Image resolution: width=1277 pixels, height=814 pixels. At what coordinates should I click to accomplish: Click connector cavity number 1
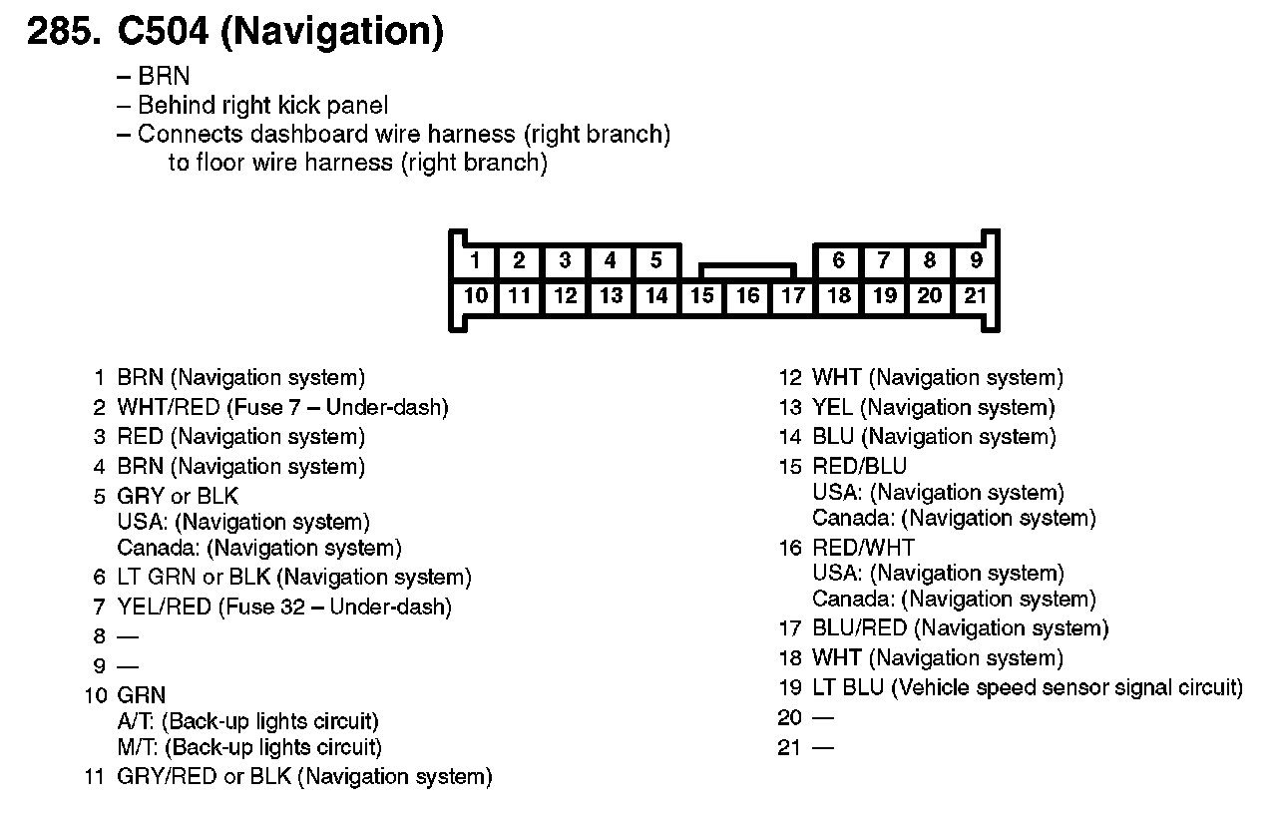(x=475, y=261)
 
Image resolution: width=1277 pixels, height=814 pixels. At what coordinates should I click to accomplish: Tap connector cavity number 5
(x=655, y=261)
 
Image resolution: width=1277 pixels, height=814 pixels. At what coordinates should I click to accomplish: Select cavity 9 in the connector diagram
(x=975, y=261)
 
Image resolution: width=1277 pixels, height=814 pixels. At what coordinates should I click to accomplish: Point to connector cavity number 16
(x=747, y=295)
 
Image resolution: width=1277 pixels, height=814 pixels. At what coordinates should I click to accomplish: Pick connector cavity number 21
(x=975, y=295)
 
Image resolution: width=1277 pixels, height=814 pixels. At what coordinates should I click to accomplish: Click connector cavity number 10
(x=475, y=295)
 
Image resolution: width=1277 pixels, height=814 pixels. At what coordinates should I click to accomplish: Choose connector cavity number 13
(x=611, y=295)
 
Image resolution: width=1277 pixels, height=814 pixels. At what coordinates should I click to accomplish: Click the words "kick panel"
(x=337, y=105)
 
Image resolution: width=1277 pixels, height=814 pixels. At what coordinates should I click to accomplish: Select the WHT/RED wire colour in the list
(x=168, y=407)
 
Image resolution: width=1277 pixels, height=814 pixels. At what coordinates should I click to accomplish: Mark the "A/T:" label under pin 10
(x=138, y=721)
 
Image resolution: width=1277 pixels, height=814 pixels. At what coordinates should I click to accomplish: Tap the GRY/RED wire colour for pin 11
(x=167, y=777)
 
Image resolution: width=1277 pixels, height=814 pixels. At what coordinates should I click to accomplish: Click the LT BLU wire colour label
(x=848, y=687)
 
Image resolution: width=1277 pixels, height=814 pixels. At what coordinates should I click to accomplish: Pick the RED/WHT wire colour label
(x=863, y=548)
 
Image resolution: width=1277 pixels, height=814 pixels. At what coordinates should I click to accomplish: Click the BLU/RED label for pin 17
(x=859, y=628)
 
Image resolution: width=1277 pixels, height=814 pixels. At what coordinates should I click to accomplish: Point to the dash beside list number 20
(x=823, y=718)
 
